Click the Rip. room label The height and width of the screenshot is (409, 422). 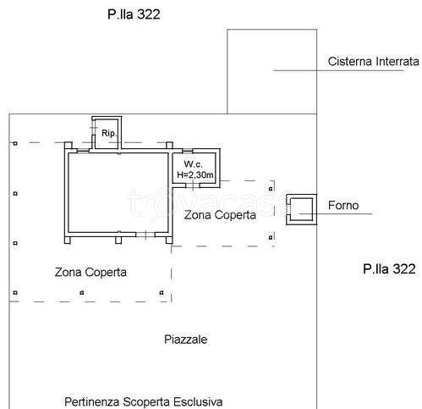pos(109,133)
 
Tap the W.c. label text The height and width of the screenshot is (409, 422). pos(193,164)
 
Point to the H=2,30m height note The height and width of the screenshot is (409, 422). pos(195,174)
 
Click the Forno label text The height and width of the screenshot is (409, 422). pos(343,205)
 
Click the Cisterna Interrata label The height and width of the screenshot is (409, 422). pos(373,61)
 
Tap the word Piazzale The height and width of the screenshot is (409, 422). pos(185,340)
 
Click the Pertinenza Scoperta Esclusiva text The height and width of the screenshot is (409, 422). pos(144,401)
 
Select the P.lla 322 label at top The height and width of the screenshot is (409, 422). pos(134,14)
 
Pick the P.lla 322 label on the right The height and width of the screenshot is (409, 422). pos(389,268)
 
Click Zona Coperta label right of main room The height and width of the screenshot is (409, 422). pos(220,215)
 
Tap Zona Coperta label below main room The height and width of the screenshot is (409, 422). pos(90,272)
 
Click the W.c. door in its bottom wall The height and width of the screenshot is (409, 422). pos(193,185)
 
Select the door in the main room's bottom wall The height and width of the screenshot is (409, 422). pos(145,235)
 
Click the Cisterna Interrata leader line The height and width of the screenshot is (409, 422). pos(338,70)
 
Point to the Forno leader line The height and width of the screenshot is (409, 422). pos(336,213)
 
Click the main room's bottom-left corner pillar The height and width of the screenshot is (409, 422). pos(68,240)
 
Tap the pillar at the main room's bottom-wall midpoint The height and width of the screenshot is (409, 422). pos(118,240)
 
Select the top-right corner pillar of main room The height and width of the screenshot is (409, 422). pos(169,146)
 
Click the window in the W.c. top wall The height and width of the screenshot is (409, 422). pos(188,151)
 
